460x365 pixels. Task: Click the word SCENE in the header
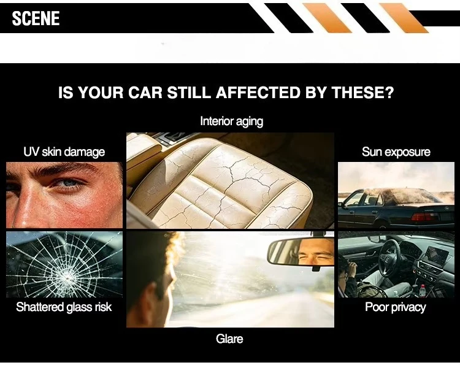36,18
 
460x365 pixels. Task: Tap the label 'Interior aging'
231,121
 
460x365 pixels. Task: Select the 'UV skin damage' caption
64,152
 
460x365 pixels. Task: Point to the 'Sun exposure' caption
396,152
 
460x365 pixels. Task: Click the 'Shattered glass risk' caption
64,307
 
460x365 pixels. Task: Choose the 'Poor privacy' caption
396,307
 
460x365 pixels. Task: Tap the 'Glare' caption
229,339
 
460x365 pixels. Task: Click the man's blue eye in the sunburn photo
69,184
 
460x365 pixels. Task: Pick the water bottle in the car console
422,291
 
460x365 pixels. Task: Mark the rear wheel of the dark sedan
381,225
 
